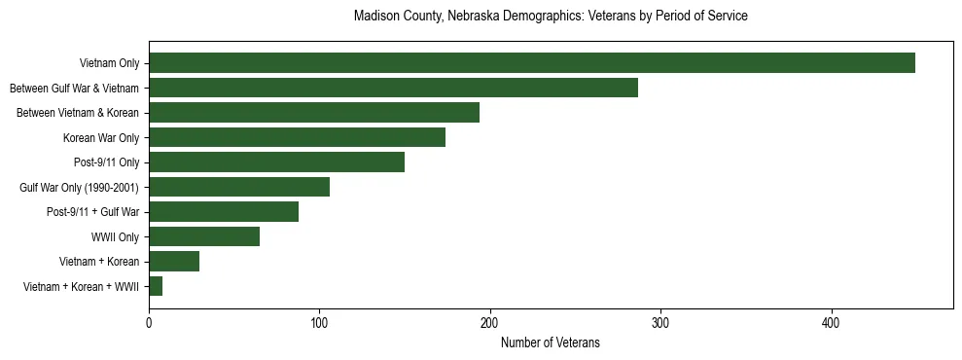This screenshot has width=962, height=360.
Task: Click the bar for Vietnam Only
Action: tap(531, 63)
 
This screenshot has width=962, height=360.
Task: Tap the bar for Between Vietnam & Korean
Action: tap(314, 113)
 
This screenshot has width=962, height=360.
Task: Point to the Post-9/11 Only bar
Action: tap(276, 162)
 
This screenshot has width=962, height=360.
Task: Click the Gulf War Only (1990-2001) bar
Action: tap(239, 187)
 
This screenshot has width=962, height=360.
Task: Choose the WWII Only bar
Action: tap(204, 236)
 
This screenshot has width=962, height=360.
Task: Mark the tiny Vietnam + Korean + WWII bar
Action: tap(156, 286)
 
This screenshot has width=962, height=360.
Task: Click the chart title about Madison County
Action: tap(551, 17)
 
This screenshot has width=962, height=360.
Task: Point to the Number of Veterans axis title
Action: tap(551, 342)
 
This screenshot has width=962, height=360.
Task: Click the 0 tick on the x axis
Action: tap(149, 322)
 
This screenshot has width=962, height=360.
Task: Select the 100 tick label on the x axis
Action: tap(319, 322)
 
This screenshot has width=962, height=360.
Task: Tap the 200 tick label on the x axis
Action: tap(490, 322)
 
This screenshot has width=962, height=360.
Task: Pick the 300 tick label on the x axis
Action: tap(660, 322)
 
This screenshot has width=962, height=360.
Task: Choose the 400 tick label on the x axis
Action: tap(832, 322)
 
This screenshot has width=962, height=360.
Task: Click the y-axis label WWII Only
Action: tap(115, 236)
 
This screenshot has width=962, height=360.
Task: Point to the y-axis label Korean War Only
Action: tap(101, 137)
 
